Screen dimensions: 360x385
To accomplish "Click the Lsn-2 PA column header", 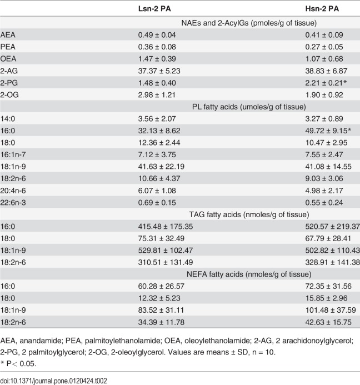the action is point(154,9).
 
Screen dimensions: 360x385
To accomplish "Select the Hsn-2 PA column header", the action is point(322,9).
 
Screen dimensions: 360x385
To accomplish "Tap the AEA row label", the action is point(8,35).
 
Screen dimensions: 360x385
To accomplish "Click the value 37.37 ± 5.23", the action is point(159,71).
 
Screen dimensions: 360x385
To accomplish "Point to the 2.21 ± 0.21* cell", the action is point(326,83).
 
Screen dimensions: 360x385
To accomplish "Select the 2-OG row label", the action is point(9,95).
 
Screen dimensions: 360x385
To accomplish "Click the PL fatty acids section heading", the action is point(249,107).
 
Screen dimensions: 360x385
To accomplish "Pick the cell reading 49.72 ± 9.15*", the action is point(328,131).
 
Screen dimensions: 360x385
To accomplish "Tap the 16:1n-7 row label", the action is point(13,154).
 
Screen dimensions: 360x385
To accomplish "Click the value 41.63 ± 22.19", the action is point(161,167).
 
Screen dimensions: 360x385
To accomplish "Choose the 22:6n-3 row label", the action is point(13,203).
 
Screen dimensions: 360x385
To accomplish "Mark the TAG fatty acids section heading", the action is point(249,214).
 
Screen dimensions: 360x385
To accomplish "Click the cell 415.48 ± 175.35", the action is point(165,226).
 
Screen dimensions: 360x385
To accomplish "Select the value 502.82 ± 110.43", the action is point(332,251).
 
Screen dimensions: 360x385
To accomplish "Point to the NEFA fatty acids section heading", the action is point(249,274).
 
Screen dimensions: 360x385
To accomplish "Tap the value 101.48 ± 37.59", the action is point(331,310).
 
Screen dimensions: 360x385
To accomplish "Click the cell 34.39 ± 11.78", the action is point(161,322).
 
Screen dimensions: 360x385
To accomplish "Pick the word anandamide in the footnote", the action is point(40,341).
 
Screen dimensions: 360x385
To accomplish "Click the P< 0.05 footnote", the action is point(19,364).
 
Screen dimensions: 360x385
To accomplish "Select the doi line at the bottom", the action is point(53,381).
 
